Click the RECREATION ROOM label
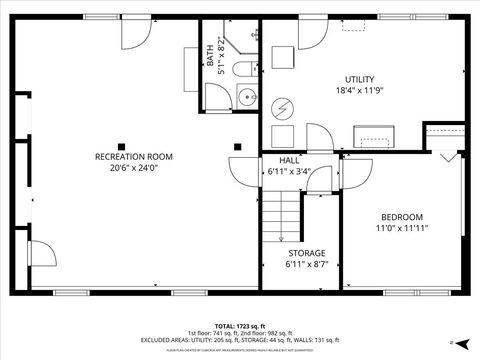(x=133, y=157)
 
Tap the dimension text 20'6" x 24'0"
(x=133, y=168)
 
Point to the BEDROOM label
(x=401, y=217)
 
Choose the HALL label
(x=289, y=160)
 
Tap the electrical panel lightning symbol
(x=283, y=106)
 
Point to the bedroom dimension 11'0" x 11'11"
(x=401, y=229)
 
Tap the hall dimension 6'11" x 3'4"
(x=289, y=171)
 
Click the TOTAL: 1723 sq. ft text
(x=240, y=326)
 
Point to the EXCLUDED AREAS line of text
(x=240, y=340)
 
